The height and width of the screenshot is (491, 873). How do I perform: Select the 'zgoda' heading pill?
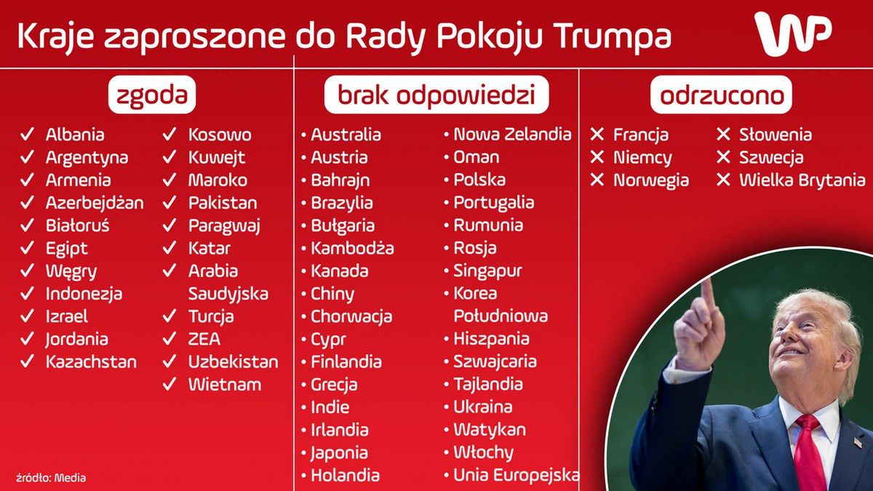tap(153, 95)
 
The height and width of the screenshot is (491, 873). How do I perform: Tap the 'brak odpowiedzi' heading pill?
tap(436, 95)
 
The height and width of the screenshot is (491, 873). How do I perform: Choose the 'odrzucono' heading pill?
tap(721, 95)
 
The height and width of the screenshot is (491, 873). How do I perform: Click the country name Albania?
tap(75, 135)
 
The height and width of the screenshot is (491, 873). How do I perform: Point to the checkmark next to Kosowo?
tap(170, 135)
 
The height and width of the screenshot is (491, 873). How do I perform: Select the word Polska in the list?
tap(479, 180)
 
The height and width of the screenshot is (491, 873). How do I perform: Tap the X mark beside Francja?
tap(597, 135)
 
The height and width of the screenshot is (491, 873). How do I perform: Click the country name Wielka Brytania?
tap(802, 180)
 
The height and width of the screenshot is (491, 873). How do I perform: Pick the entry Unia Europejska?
tap(517, 476)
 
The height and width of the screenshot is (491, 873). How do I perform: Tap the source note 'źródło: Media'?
tap(51, 478)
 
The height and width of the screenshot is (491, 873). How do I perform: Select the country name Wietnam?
tap(225, 384)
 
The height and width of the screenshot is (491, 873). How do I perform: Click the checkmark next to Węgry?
tap(28, 271)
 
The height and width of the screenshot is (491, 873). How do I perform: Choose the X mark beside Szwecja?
tap(723, 157)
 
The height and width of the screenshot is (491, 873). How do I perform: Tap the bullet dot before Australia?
tap(304, 135)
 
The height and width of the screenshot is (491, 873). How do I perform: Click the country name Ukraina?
tap(483, 407)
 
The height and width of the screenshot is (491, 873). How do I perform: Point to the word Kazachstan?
tap(91, 362)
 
